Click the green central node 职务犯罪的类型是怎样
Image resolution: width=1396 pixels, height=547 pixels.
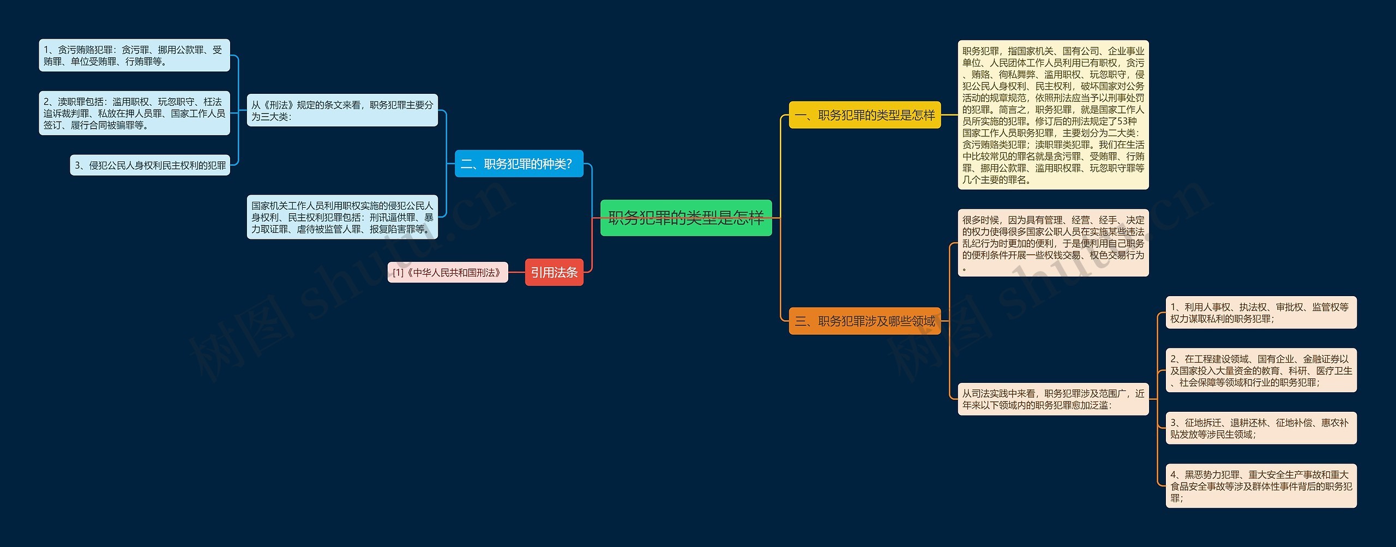click(x=686, y=218)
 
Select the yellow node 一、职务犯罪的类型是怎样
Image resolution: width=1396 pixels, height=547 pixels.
click(x=865, y=115)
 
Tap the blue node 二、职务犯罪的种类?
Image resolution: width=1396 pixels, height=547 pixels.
click(x=519, y=164)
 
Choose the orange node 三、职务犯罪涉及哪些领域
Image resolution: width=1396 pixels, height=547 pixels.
click(x=865, y=321)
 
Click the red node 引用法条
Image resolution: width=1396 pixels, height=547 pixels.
click(x=554, y=272)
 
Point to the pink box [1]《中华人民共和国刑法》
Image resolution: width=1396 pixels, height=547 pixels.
click(x=448, y=272)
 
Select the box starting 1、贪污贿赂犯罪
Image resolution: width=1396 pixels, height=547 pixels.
click(x=134, y=56)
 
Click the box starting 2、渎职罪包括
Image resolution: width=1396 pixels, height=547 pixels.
click(x=134, y=113)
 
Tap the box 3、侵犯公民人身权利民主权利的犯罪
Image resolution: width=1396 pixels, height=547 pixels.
click(x=150, y=165)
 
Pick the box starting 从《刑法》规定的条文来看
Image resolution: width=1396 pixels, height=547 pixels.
click(x=342, y=111)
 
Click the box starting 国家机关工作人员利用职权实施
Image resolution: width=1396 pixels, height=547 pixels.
click(x=342, y=217)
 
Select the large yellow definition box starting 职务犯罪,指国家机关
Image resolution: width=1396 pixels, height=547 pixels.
click(x=1053, y=115)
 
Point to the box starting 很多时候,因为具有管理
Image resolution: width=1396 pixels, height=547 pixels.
click(x=1053, y=243)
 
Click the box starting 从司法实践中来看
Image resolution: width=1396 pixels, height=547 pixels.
click(x=1053, y=399)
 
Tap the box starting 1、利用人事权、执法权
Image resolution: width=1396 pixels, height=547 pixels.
click(x=1261, y=312)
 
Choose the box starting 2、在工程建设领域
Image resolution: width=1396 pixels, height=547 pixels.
click(x=1261, y=370)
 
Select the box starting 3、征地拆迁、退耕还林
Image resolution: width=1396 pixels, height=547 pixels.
click(x=1261, y=428)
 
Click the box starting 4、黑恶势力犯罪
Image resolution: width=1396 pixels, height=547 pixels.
click(x=1261, y=486)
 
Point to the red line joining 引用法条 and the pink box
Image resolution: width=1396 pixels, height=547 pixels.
click(x=516, y=272)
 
